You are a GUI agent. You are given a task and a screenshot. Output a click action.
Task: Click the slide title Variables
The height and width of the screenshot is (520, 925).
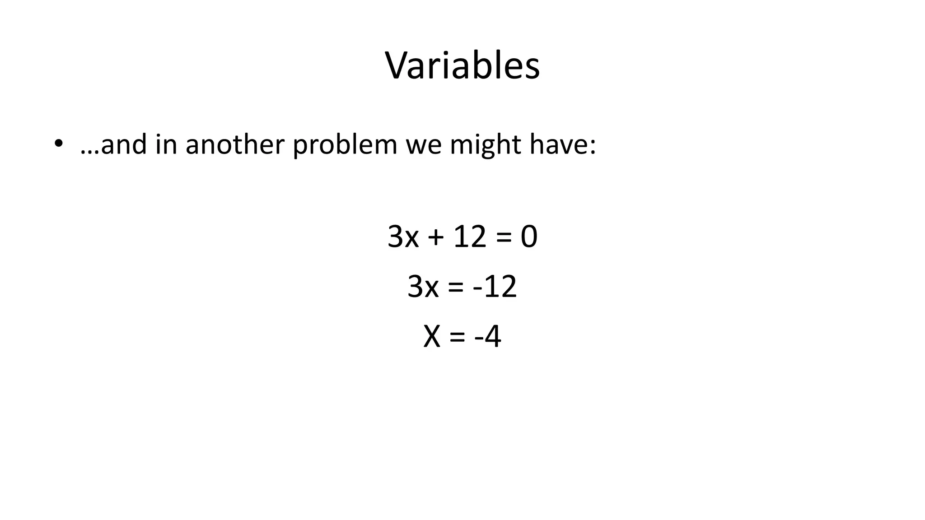tap(462, 66)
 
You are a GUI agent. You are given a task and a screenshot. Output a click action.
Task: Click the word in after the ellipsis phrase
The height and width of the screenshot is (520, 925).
tap(166, 144)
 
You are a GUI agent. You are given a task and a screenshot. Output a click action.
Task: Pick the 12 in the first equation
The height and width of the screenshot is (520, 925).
tap(470, 237)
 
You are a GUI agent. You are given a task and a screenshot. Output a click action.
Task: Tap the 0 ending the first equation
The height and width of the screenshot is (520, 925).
tap(529, 237)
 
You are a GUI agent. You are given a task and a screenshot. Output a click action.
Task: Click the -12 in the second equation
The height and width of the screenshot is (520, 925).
tap(495, 287)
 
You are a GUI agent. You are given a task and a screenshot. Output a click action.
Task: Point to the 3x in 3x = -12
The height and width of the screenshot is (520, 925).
tap(423, 287)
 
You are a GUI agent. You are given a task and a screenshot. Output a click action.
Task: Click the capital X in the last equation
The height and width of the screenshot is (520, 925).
tap(432, 337)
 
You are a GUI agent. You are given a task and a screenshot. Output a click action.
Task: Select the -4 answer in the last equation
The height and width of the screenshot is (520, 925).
tap(488, 337)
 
